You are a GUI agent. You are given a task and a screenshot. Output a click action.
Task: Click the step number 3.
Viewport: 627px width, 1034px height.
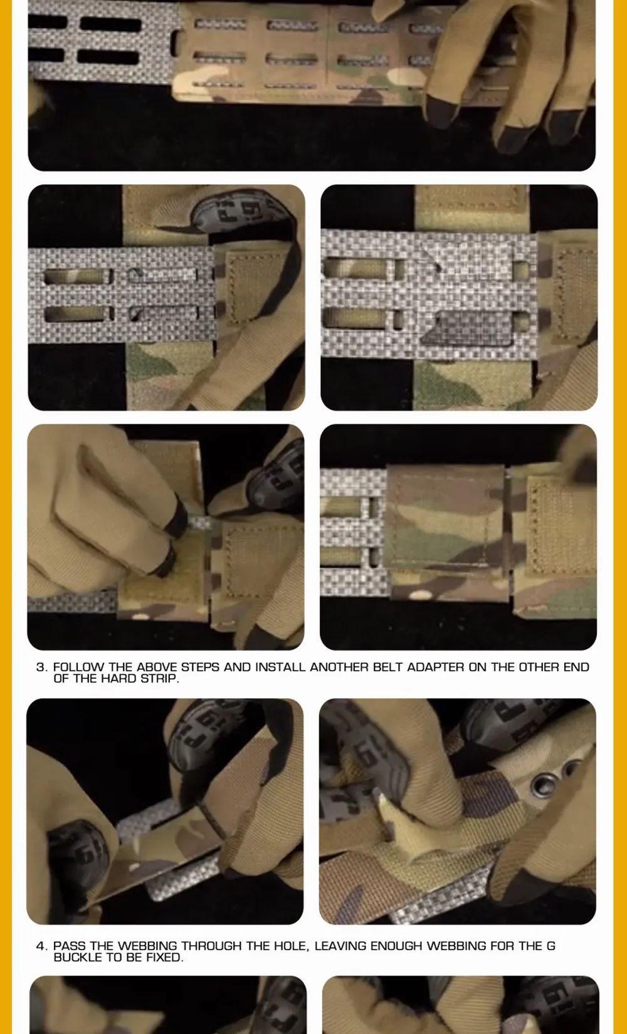tap(41, 667)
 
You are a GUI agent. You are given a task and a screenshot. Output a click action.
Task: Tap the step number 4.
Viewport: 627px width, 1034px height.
tap(41, 946)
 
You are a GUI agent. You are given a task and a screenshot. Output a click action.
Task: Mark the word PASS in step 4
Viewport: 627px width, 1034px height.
tap(69, 946)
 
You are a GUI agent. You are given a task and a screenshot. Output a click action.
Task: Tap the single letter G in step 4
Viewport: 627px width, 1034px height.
tap(551, 946)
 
